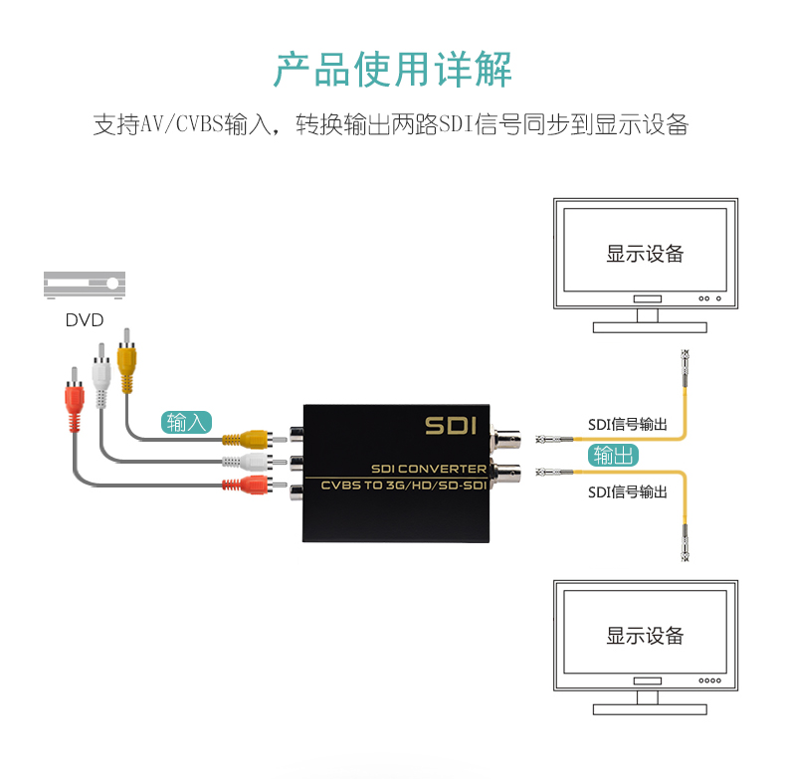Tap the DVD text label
85,320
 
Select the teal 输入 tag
186,422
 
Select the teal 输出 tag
613,456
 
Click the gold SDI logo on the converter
452,425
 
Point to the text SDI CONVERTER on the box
428,468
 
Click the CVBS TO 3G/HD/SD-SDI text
403,485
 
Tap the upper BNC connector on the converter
509,438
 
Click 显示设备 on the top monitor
645,254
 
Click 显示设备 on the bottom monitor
645,636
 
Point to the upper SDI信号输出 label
627,425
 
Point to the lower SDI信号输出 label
627,491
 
